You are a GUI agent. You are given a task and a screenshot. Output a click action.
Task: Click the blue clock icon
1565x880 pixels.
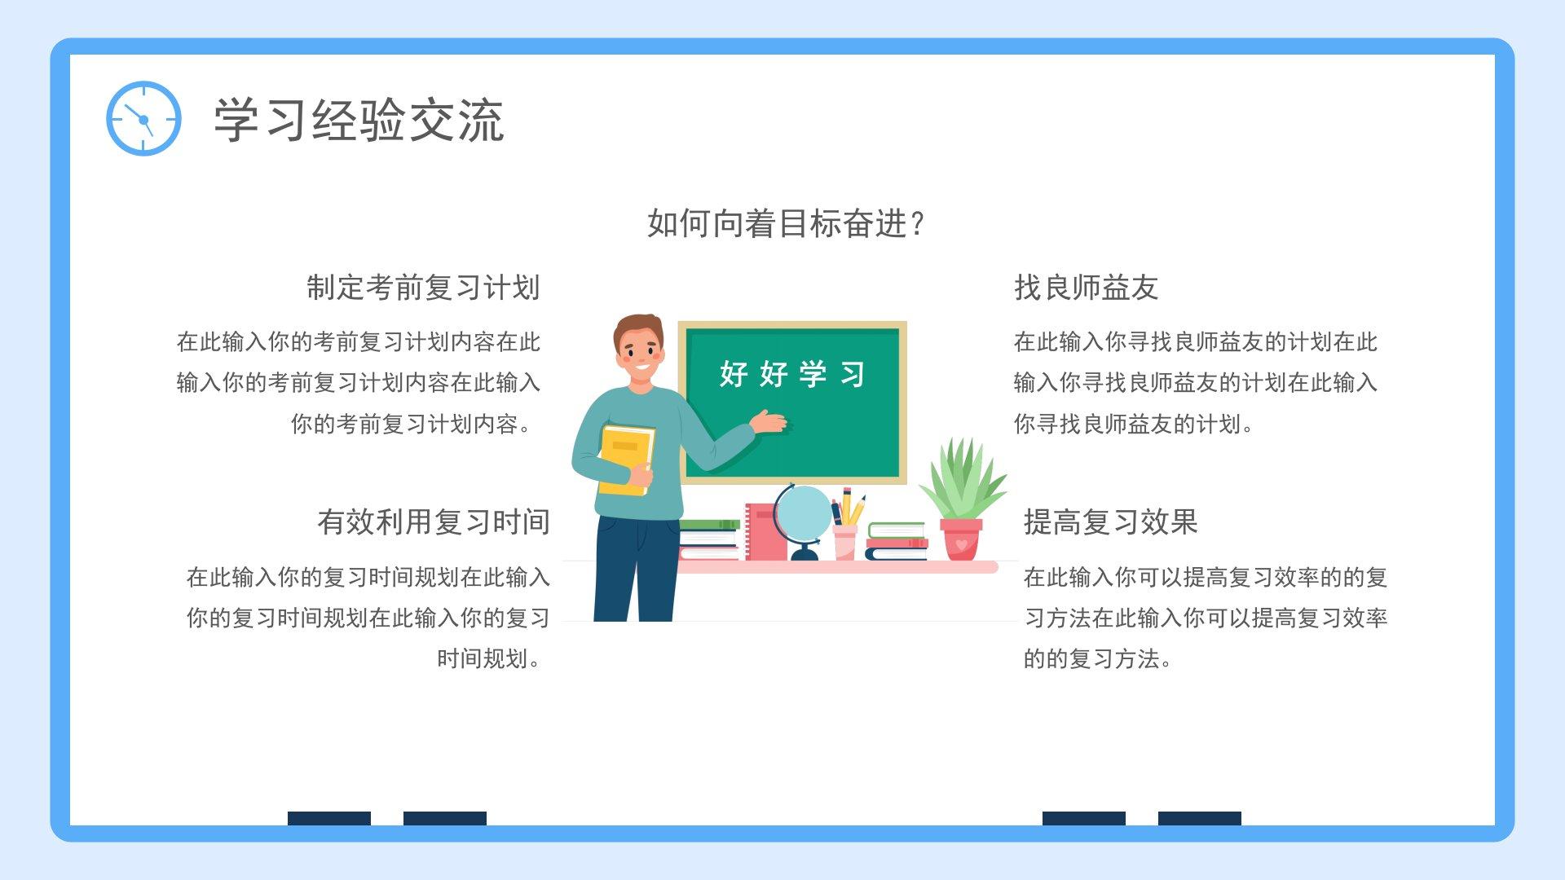[x=143, y=119]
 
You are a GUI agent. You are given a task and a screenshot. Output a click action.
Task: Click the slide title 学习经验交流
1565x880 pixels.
[x=359, y=121]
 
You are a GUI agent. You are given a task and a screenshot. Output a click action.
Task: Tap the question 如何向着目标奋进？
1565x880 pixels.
[x=786, y=223]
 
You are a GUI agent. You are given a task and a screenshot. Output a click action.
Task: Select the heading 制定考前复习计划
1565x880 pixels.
[x=423, y=288]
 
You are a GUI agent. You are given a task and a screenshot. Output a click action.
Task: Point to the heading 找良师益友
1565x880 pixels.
[x=1086, y=288]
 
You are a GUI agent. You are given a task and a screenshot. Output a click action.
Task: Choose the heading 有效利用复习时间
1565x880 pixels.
[x=434, y=522]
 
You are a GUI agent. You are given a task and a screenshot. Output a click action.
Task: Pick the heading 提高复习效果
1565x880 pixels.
[x=1110, y=522]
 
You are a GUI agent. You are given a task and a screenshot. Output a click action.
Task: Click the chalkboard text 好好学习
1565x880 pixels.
[x=791, y=374]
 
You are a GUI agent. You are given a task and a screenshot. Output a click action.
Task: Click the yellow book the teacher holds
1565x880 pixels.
[x=626, y=460]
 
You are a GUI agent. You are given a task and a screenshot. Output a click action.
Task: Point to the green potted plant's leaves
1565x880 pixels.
[x=963, y=478]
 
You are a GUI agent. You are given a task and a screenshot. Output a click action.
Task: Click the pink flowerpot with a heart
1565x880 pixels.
[x=961, y=539]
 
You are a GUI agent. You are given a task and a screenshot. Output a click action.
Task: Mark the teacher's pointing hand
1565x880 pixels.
[x=769, y=423]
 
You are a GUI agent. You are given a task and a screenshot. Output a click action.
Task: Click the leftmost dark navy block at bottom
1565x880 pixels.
[x=329, y=818]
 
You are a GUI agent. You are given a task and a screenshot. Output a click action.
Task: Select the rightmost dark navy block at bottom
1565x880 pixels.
[x=1200, y=818]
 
